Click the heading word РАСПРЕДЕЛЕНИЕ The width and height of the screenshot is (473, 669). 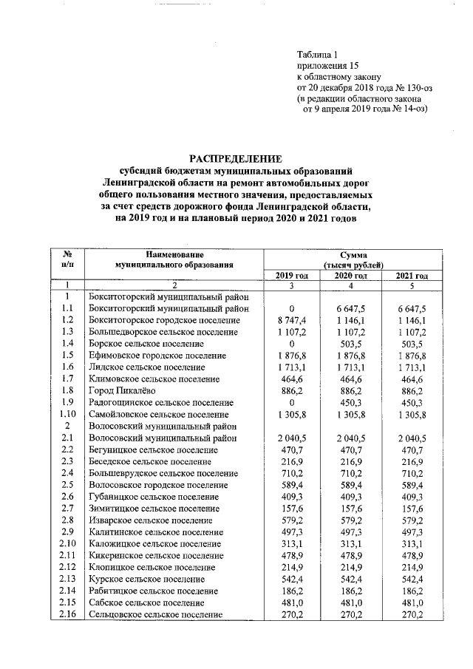(x=236, y=158)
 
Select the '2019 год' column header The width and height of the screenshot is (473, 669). (x=291, y=276)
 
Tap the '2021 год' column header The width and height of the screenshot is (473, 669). (x=412, y=276)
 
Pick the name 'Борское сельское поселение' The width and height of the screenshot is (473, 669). (x=146, y=344)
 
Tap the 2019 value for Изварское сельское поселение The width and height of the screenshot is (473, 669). (x=291, y=520)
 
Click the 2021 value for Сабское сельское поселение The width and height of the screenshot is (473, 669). (x=412, y=603)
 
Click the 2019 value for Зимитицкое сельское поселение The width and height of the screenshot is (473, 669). (x=291, y=509)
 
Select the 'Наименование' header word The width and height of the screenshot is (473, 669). (x=174, y=254)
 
